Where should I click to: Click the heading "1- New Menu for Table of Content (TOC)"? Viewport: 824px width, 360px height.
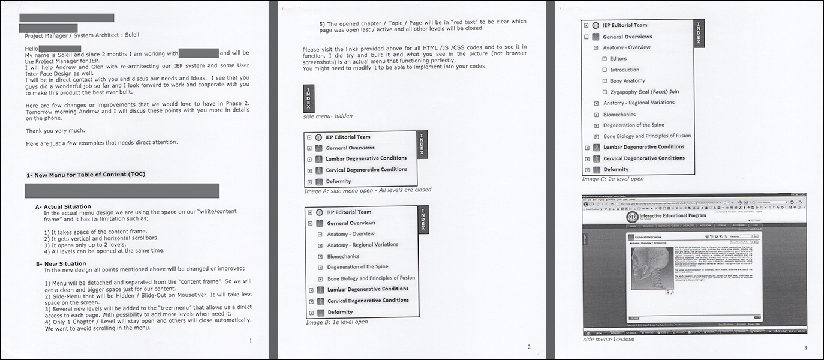point(86,175)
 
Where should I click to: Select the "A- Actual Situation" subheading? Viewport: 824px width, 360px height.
point(63,206)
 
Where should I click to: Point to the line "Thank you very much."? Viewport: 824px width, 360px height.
point(55,130)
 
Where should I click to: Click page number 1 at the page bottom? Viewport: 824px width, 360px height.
point(250,340)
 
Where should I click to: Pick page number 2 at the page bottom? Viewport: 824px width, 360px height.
point(528,347)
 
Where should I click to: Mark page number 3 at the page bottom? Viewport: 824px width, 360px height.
point(805,347)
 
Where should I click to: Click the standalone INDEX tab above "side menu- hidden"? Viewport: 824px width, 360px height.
point(308,98)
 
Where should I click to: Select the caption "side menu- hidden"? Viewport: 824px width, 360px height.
point(328,116)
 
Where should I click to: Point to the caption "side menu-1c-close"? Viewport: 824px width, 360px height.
point(609,339)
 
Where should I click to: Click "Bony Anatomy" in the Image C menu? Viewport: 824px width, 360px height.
point(627,81)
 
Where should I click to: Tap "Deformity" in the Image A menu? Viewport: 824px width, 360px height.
point(338,181)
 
